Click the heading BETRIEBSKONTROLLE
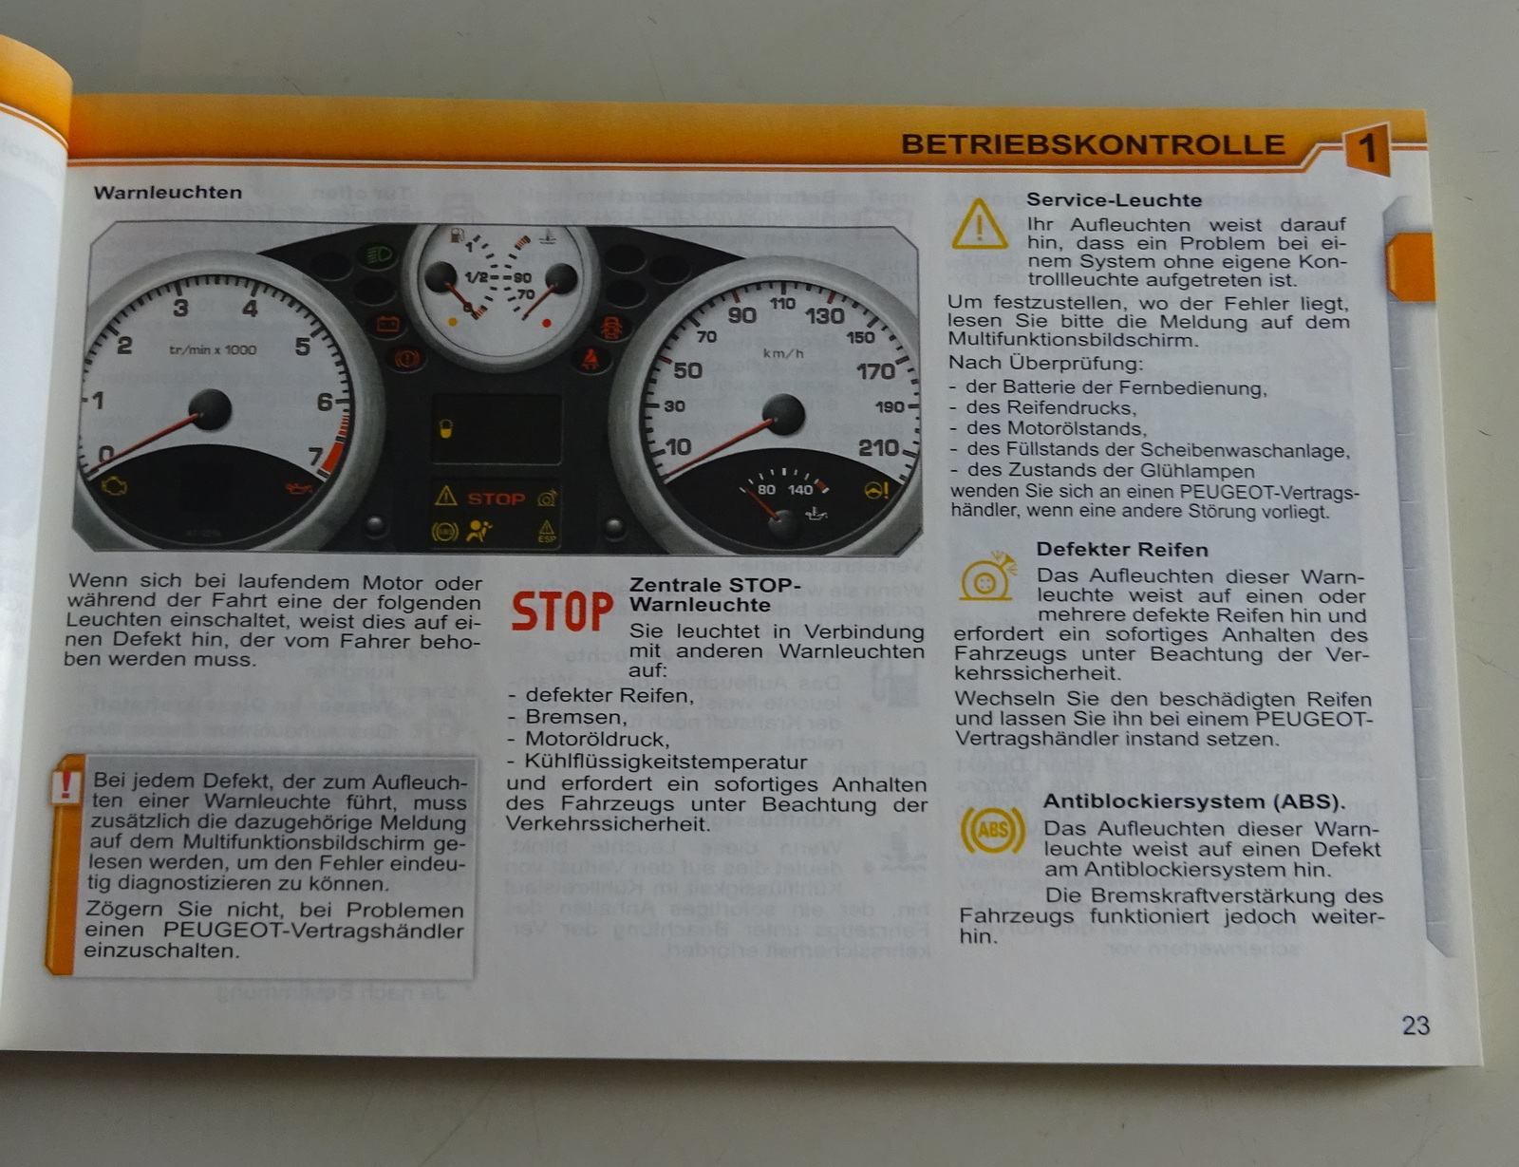[x=1093, y=144]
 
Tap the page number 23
[x=1416, y=1026]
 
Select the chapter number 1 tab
[x=1366, y=148]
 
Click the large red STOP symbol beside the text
[x=562, y=612]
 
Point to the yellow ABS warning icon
[x=993, y=830]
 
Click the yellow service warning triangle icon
[x=980, y=224]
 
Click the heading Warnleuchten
[x=168, y=193]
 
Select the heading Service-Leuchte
[x=1114, y=200]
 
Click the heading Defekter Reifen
[x=1122, y=550]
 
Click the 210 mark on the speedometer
[x=878, y=447]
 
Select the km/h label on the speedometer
[x=783, y=354]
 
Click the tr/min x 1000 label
[x=213, y=349]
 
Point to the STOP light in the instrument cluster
[x=497, y=499]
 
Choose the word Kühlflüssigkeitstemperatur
[x=666, y=762]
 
